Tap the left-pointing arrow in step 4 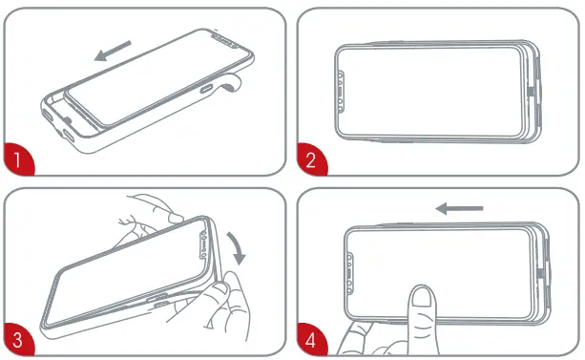(x=459, y=207)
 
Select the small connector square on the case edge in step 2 (x=531, y=93)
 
